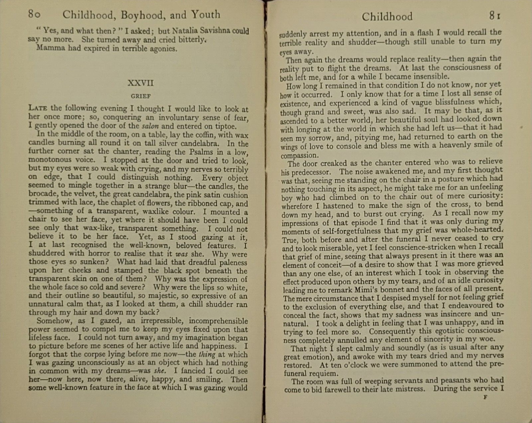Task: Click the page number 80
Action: click(36, 14)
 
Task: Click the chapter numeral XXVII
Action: click(141, 83)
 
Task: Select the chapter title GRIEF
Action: click(140, 97)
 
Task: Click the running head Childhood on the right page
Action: click(387, 16)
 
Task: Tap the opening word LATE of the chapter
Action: click(38, 109)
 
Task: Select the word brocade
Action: click(45, 195)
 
